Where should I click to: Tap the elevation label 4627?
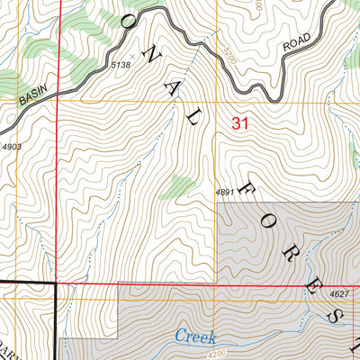click(x=338, y=294)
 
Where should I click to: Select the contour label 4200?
click(x=230, y=354)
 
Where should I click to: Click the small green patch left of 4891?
click(x=183, y=186)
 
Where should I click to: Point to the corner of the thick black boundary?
click(x=56, y=284)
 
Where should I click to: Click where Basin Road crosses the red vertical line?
click(x=59, y=86)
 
